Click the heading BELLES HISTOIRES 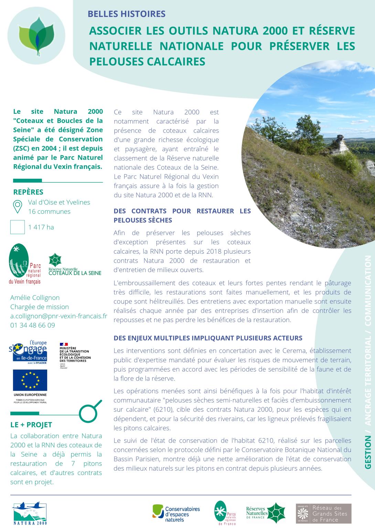[x=127, y=14]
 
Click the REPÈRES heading [x=28, y=192]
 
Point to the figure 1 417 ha [x=41, y=227]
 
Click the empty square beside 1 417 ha [x=18, y=227]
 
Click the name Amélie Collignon [x=35, y=298]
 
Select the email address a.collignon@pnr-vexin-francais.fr [x=58, y=316]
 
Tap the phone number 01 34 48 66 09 [x=32, y=325]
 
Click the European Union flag [x=30, y=380]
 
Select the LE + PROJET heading [x=31, y=425]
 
